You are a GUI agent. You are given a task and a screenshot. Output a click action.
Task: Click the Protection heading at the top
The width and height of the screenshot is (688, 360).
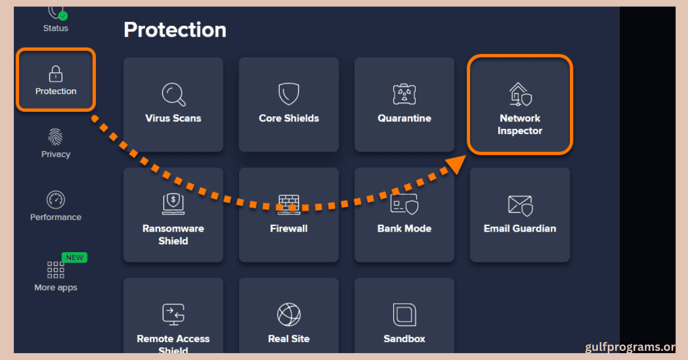(175, 30)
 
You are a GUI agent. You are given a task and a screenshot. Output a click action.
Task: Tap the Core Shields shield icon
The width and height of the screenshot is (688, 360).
(289, 94)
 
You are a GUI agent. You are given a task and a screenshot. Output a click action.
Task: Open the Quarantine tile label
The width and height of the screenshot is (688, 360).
(404, 118)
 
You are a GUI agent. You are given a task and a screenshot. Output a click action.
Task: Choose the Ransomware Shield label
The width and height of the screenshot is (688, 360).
(173, 234)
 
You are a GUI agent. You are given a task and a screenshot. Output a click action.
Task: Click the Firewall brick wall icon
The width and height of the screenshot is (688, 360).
(289, 204)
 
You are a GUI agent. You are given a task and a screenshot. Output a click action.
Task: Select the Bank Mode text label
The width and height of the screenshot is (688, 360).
(404, 228)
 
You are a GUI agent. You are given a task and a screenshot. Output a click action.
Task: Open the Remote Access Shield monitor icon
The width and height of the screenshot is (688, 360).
(173, 314)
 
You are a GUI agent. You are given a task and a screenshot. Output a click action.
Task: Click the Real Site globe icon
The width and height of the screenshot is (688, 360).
(289, 314)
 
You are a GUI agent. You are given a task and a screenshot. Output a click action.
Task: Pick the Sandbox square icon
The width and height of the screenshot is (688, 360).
(404, 314)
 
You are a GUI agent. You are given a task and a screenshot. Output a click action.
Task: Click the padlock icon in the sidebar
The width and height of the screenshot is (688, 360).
(56, 73)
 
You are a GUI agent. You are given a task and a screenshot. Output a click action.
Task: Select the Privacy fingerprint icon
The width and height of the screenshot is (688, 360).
(56, 137)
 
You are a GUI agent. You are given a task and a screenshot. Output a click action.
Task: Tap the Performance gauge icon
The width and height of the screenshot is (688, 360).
(56, 199)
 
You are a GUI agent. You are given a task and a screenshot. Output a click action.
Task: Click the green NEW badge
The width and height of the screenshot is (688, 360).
(75, 257)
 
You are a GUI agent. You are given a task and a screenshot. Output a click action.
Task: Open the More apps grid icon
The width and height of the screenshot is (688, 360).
(56, 270)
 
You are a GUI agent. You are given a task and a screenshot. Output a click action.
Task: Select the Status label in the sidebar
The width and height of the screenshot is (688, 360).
(56, 28)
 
